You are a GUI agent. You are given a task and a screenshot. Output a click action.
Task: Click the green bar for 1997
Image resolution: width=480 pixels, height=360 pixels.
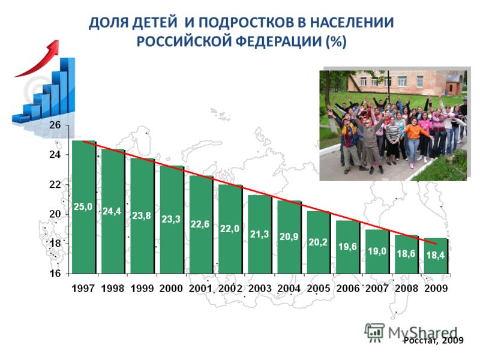point(83,207)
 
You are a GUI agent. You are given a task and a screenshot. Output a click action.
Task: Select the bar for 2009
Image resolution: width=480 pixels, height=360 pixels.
point(436,256)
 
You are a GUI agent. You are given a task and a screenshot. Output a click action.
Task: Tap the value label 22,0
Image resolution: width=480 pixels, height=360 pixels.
point(230,229)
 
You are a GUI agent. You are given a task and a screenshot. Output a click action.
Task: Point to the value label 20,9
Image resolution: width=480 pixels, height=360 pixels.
point(289,236)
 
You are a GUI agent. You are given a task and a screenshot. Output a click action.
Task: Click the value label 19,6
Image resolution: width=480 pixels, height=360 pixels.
point(347,247)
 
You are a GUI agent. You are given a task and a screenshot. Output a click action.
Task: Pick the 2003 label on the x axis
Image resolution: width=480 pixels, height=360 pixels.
point(260,289)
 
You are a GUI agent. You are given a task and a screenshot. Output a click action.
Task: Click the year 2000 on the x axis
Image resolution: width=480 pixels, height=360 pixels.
point(171,289)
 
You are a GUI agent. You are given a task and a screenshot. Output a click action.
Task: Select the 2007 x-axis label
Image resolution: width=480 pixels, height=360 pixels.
point(377,289)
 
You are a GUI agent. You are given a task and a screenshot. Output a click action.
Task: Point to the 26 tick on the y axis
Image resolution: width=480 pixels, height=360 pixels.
point(55,125)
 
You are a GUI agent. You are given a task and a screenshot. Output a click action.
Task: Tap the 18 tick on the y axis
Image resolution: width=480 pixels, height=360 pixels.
point(55,244)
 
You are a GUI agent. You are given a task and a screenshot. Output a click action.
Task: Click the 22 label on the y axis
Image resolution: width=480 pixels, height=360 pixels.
point(55,185)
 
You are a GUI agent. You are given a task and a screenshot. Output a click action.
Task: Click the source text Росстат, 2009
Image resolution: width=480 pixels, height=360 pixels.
point(433,340)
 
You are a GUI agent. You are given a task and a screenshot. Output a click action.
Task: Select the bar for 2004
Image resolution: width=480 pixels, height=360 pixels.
point(289,237)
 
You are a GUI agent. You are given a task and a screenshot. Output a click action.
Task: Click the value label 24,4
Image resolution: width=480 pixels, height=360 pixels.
point(112,211)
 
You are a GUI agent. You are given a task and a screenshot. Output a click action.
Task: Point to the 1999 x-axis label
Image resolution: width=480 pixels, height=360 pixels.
point(142,289)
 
